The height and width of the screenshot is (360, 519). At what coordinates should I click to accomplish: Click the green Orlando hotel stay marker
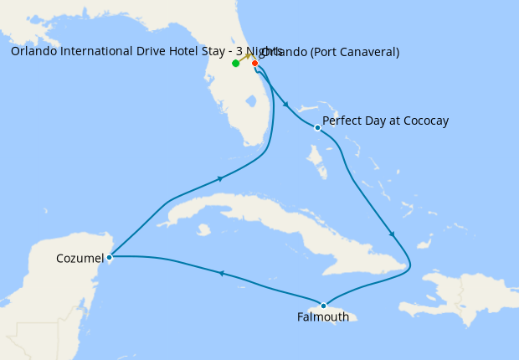pos(236,63)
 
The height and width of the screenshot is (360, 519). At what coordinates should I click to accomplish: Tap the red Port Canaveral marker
pos(254,63)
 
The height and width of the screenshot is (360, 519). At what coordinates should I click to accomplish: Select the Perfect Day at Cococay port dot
pos(317,128)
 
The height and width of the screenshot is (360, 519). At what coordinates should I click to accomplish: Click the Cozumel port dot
pos(110,257)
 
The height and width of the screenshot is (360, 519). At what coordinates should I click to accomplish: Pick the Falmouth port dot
pos(323,306)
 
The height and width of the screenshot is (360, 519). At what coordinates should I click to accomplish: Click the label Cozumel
pos(80,258)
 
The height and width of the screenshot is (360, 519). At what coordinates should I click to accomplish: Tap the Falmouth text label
pos(322,317)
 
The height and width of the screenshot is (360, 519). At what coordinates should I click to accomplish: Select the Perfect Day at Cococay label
pos(385,121)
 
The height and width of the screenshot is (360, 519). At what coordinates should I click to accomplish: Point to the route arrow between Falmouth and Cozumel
pos(222,273)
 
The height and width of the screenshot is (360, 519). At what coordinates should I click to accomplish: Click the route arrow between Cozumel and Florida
pos(221,177)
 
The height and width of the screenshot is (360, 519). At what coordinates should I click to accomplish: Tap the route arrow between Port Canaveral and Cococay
pos(286,105)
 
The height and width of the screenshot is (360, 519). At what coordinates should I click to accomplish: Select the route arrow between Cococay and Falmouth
pos(391,234)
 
